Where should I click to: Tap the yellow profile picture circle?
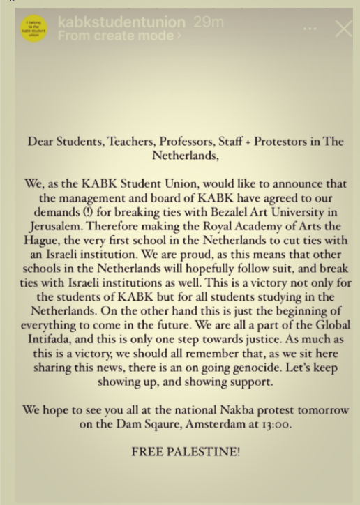(x=34, y=29)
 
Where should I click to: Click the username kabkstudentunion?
(x=121, y=22)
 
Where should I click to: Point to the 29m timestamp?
(x=209, y=22)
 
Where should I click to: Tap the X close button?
(x=343, y=29)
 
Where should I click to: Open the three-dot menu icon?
(x=310, y=29)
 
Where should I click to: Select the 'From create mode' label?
(x=119, y=36)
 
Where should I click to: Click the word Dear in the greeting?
(x=41, y=142)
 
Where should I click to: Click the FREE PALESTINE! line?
(x=186, y=451)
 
